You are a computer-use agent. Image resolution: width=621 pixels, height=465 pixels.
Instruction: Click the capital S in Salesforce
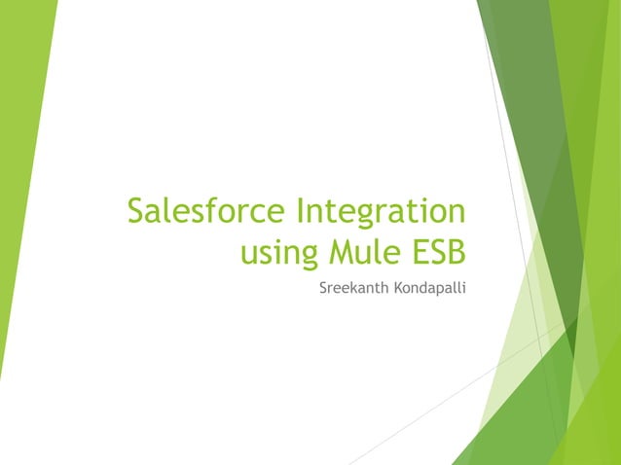137,211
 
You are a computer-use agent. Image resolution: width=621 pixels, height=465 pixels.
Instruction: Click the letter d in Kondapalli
420,289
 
